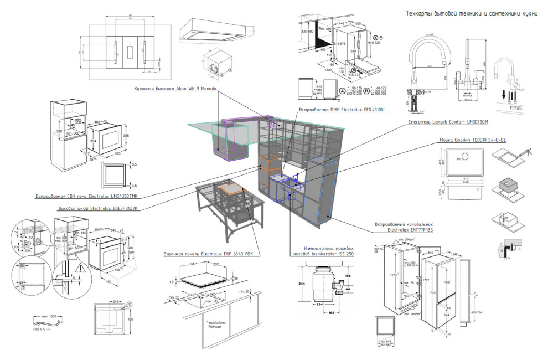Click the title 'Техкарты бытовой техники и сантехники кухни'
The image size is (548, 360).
472,13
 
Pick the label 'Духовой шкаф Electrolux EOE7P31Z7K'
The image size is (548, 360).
97,209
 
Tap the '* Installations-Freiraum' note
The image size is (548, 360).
207,323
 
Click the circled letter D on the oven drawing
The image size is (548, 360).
129,304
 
